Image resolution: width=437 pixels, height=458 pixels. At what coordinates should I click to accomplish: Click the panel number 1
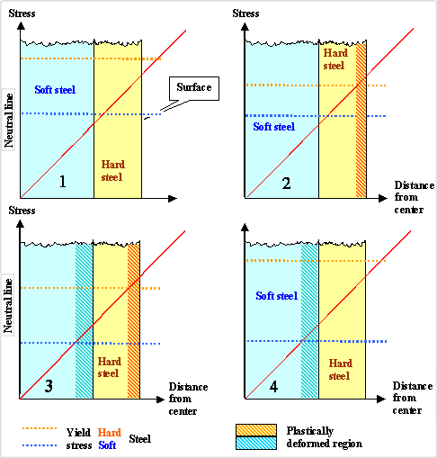(62, 182)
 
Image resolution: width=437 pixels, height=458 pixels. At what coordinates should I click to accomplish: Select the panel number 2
(286, 184)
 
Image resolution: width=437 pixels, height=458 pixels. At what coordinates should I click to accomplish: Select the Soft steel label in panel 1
(56, 90)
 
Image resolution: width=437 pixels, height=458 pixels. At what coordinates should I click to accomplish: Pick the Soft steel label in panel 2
(273, 127)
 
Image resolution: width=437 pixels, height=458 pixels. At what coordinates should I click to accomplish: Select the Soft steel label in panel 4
(277, 295)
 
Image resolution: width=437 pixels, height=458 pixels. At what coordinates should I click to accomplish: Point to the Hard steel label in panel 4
(339, 368)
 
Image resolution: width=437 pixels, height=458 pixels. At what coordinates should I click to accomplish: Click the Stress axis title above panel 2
(245, 13)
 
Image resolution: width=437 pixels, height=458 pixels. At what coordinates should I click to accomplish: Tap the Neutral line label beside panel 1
(9, 116)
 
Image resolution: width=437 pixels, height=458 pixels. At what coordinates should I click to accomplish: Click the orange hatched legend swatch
(255, 430)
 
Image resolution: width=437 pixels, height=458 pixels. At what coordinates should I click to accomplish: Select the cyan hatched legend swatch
(255, 443)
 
